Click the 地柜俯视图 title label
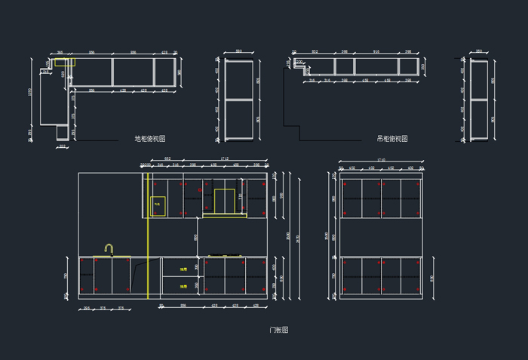[150, 139]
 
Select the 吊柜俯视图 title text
[392, 139]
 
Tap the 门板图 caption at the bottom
[279, 330]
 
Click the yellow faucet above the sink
[109, 249]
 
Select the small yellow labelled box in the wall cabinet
[158, 203]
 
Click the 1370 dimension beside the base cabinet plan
[30, 91]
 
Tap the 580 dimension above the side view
[238, 52]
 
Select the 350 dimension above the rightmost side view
[479, 52]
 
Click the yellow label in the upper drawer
[183, 268]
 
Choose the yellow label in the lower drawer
[183, 287]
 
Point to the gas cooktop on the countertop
[224, 255]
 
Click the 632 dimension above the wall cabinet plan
[315, 52]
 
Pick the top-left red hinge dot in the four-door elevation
[345, 184]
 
